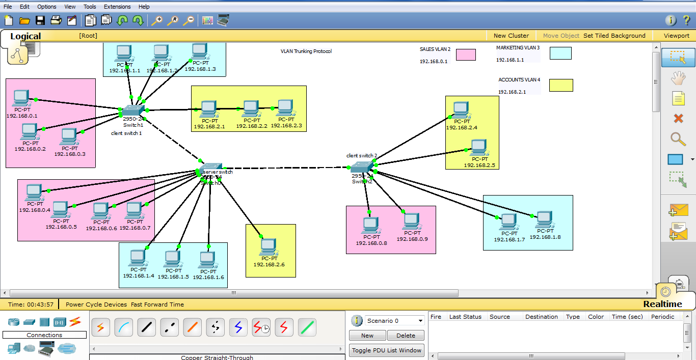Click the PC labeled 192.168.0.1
pyautogui.click(x=21, y=97)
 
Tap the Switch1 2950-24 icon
pyautogui.click(x=133, y=110)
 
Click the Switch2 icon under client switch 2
pyautogui.click(x=362, y=167)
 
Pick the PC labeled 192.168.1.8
pyautogui.click(x=545, y=219)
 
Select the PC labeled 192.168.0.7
pyautogui.click(x=134, y=209)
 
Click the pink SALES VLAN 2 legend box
pyautogui.click(x=466, y=54)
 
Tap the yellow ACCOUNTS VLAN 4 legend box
pyautogui.click(x=561, y=85)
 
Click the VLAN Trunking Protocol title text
pyautogui.click(x=306, y=51)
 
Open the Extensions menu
pyautogui.click(x=117, y=7)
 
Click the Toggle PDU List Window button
pyautogui.click(x=387, y=350)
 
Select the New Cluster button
pyautogui.click(x=511, y=36)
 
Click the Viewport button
pyautogui.click(x=676, y=36)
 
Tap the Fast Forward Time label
pyautogui.click(x=157, y=304)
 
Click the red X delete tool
pyautogui.click(x=678, y=119)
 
